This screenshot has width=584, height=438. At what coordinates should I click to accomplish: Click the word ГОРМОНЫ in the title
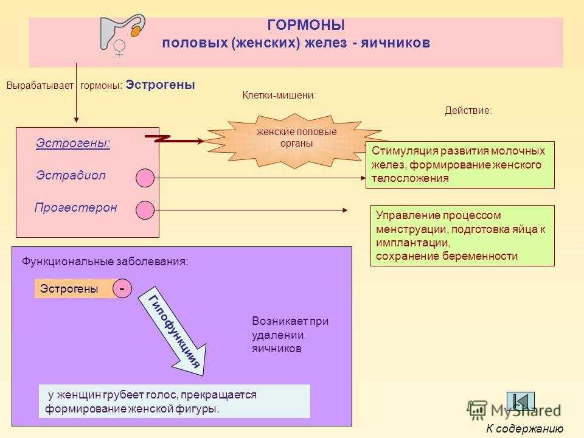click(x=306, y=25)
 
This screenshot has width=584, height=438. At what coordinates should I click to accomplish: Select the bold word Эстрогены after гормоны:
click(x=160, y=85)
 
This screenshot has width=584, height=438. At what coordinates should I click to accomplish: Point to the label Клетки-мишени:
click(x=279, y=96)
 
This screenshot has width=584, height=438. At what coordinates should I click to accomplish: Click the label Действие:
click(x=468, y=110)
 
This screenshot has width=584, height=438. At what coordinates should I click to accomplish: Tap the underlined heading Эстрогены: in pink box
click(x=73, y=143)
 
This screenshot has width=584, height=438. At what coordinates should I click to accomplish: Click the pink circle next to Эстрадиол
click(x=145, y=178)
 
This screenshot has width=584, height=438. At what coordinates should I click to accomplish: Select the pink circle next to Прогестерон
click(x=145, y=210)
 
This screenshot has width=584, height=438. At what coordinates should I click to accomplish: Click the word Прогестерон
click(x=75, y=207)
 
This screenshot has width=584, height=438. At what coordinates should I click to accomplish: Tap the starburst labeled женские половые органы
click(x=295, y=141)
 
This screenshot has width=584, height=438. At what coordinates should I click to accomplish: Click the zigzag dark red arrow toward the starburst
click(x=174, y=139)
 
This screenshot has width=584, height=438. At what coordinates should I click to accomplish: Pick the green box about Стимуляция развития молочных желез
click(x=460, y=165)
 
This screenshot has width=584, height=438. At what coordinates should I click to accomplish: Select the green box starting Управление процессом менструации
click(x=462, y=235)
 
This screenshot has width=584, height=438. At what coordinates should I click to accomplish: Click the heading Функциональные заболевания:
click(x=105, y=262)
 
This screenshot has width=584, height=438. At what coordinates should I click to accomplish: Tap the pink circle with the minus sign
click(x=122, y=288)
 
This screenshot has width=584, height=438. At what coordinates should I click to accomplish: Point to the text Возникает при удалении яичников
click(x=290, y=335)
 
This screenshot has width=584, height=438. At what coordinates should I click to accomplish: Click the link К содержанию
click(x=525, y=429)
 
